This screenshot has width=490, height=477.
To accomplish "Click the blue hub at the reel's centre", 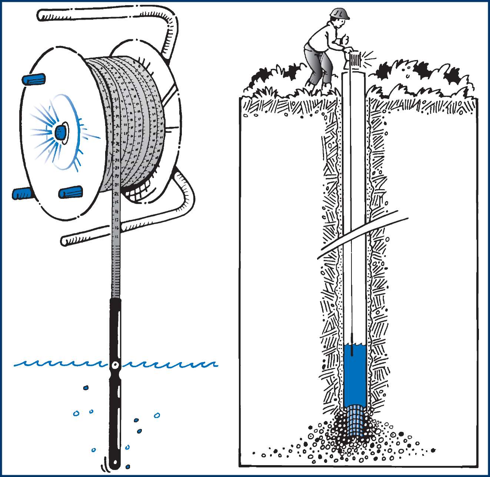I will pyautogui.click(x=60, y=132).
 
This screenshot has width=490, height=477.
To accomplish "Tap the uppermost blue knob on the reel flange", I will pyautogui.click(x=34, y=79).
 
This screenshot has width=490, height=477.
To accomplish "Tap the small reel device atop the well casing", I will pyautogui.click(x=356, y=59).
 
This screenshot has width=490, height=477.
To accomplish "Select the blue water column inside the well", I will pyautogui.click(x=354, y=375).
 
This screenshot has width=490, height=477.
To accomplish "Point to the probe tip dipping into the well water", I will pyautogui.click(x=351, y=347).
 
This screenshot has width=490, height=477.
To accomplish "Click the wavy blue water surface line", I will pyautogui.click(x=56, y=364).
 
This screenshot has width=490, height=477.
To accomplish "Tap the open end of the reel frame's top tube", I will pyautogui.click(x=41, y=15).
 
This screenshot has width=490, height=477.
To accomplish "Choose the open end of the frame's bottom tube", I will pyautogui.click(x=64, y=241).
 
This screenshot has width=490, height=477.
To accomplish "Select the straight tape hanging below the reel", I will pyautogui.click(x=116, y=241).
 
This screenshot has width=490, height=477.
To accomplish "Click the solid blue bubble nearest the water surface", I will pyautogui.click(x=86, y=388).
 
